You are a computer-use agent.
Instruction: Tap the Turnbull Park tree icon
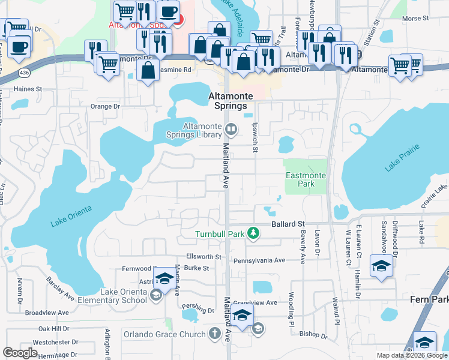254,233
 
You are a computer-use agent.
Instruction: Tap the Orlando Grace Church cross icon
215,334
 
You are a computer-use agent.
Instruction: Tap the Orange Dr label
105,106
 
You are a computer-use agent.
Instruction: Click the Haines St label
28,89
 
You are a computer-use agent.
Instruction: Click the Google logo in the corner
20,352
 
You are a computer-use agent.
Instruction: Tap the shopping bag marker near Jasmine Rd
148,71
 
